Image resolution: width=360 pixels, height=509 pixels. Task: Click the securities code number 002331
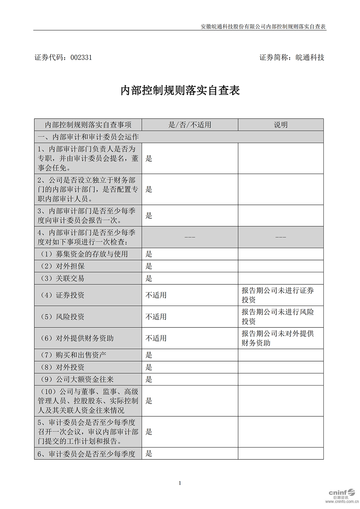[x=81, y=57]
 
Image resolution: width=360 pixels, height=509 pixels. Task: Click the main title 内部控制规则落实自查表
[x=180, y=90]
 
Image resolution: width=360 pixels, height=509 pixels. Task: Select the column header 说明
[x=281, y=125]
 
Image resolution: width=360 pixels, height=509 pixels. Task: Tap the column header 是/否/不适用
[x=190, y=125]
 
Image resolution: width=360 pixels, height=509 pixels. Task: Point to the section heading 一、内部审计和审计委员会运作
[x=88, y=137]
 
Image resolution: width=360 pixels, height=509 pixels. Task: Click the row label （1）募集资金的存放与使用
[x=84, y=254]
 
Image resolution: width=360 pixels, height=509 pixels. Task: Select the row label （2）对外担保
[x=63, y=266]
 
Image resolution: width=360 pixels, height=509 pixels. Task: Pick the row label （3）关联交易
[x=63, y=278]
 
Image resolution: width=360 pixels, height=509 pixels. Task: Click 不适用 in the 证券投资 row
[x=156, y=295]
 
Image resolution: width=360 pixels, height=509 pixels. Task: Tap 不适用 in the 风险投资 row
[x=156, y=316]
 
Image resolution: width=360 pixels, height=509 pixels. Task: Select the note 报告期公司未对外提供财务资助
[x=278, y=338]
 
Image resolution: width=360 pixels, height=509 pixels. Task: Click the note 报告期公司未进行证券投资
[x=278, y=295]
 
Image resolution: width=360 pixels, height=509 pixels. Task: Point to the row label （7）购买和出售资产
[x=74, y=355]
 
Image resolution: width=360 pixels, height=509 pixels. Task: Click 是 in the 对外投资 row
[x=149, y=367]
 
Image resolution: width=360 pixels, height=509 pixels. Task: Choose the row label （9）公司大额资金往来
[x=77, y=379]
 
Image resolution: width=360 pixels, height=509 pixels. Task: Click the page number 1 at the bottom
[x=180, y=483]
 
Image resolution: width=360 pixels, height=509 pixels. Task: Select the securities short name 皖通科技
[x=310, y=57]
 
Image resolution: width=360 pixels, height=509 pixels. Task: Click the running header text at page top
[x=263, y=27]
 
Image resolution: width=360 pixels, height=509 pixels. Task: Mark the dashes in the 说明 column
[x=281, y=237]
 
